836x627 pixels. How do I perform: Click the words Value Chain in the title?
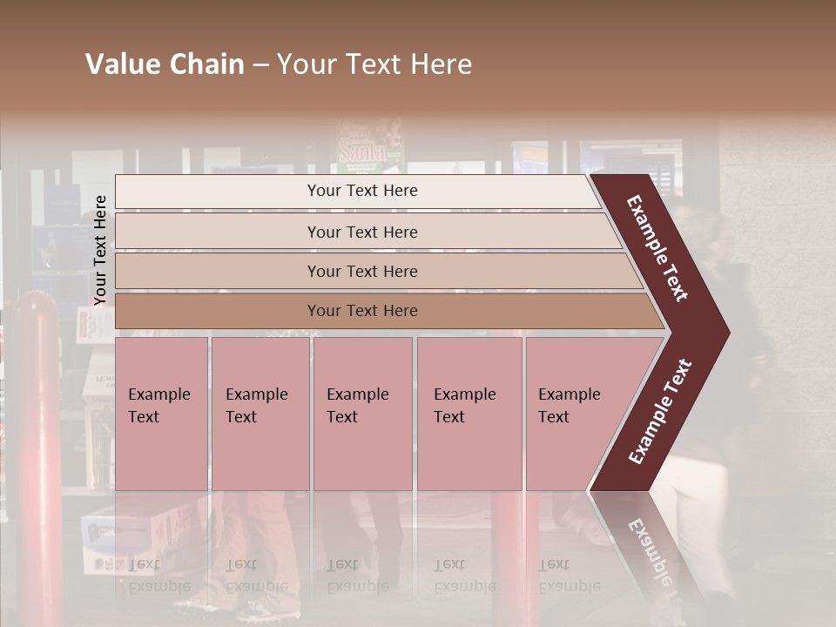click(x=165, y=64)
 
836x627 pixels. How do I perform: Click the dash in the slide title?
click(x=260, y=64)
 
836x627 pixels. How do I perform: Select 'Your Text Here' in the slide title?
click(x=374, y=64)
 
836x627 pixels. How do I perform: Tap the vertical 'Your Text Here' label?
click(x=100, y=250)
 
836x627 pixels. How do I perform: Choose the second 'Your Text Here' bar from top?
click(x=361, y=232)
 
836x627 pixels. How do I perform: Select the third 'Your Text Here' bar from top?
click(x=361, y=271)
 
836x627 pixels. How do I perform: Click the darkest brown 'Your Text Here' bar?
click(x=361, y=311)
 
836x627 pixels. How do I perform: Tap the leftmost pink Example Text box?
click(x=161, y=413)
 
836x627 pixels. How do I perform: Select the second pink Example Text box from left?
click(x=260, y=413)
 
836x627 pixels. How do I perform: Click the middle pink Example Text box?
click(x=362, y=413)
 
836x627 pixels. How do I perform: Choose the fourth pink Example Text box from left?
click(x=469, y=413)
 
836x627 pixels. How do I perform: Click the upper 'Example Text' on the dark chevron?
click(x=657, y=248)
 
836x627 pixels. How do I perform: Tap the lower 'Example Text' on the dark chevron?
click(x=660, y=411)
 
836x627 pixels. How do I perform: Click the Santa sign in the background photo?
click(x=370, y=148)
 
